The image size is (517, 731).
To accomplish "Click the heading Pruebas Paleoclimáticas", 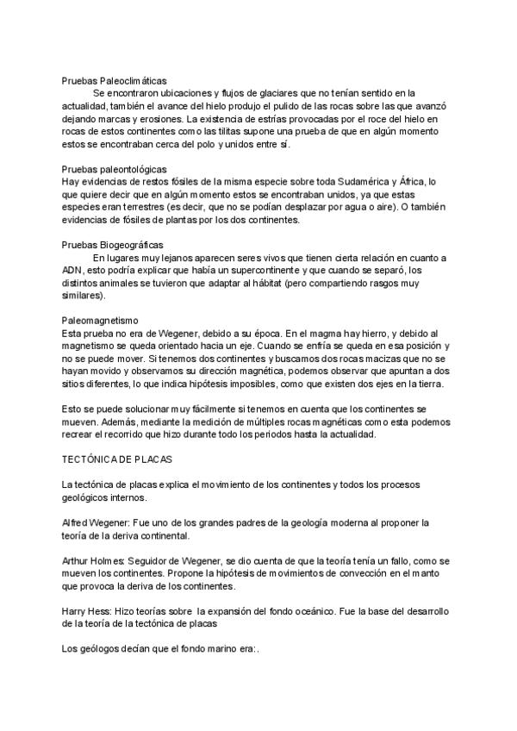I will [x=114, y=79].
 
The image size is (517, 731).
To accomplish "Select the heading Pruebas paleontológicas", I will [x=114, y=169].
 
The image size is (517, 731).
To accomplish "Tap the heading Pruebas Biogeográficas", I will [x=112, y=245].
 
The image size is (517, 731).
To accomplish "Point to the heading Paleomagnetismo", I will [x=101, y=320].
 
